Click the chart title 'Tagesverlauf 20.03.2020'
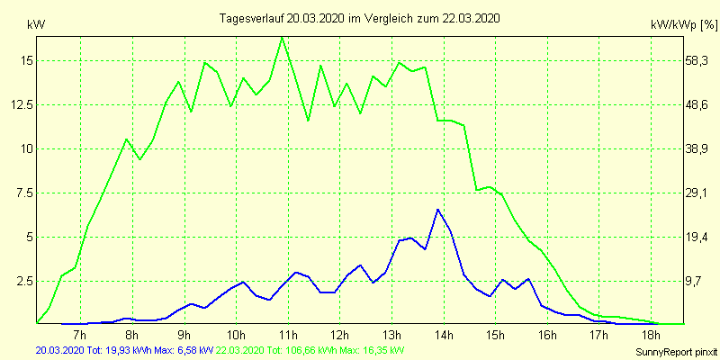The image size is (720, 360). point(360,18)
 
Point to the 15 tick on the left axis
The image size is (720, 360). point(24,60)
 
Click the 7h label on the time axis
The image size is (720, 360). point(80,336)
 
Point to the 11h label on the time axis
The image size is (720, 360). point(287,336)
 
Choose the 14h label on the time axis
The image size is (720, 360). point(443,336)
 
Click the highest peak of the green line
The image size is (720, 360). point(283,38)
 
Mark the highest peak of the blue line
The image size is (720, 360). point(437,210)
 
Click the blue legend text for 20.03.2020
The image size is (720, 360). point(125,350)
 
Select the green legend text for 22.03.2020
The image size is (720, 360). point(310,350)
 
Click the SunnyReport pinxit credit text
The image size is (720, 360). point(672,350)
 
